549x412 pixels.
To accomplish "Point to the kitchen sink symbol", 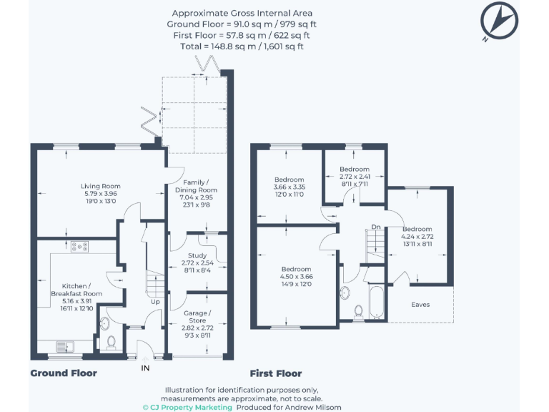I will click(x=66, y=346).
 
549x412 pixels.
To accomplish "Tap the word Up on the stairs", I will click(x=155, y=302).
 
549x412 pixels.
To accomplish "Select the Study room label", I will click(x=197, y=255).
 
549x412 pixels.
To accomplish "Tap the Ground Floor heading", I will click(x=63, y=373).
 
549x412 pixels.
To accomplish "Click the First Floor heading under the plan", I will click(x=275, y=373).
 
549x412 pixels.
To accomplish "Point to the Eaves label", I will click(x=421, y=304).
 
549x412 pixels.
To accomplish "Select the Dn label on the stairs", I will click(x=375, y=228).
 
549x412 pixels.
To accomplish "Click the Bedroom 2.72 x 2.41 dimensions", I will click(x=355, y=176).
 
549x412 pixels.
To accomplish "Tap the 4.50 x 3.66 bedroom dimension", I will click(x=297, y=277).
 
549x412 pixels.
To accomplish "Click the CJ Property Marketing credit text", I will click(x=187, y=407).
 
